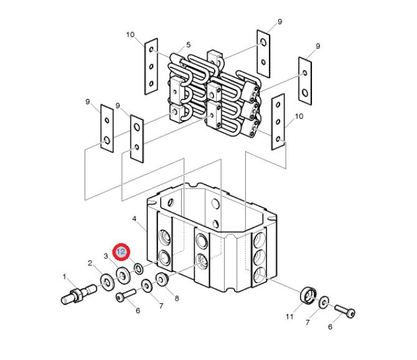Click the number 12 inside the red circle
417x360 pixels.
pos(121,252)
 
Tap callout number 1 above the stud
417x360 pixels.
pos(64,277)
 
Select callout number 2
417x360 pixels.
pos(90,263)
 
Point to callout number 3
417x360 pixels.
pos(106,256)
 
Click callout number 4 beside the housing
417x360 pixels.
pos(134,219)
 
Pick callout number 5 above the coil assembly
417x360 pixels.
pos(189,45)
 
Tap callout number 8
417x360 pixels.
pos(177,298)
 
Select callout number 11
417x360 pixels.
pos(289,316)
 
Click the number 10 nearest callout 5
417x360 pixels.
pos(130,35)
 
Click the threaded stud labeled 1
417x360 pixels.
pos(78,295)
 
